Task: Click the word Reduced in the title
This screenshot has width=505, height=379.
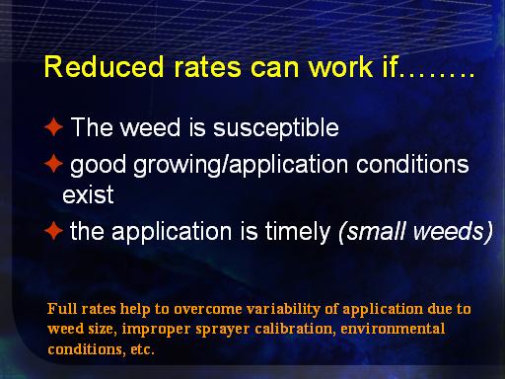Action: point(104,66)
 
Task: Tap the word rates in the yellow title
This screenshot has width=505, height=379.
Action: point(207,67)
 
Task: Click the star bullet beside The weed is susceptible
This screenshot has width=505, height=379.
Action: point(53,127)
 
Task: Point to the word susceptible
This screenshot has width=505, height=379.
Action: point(276,128)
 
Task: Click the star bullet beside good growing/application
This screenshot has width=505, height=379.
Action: point(53,164)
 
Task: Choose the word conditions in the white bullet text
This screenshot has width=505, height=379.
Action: point(412,164)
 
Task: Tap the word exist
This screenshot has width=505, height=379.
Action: point(88,194)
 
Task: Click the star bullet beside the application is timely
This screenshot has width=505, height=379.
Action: point(53,231)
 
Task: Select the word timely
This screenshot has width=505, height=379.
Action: point(298,232)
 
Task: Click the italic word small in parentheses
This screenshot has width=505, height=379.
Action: point(373,231)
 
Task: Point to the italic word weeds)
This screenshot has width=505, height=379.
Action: point(453,232)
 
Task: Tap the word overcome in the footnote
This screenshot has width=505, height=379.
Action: point(208,309)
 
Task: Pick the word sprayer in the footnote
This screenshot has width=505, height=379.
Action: point(222,330)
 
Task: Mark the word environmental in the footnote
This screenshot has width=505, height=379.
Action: point(393,329)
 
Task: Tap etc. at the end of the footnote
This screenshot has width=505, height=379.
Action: point(142,349)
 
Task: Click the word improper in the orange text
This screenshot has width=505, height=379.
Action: point(156,330)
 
